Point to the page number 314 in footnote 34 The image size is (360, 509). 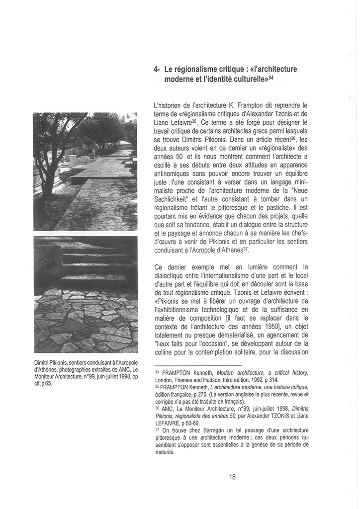point(271,379)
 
